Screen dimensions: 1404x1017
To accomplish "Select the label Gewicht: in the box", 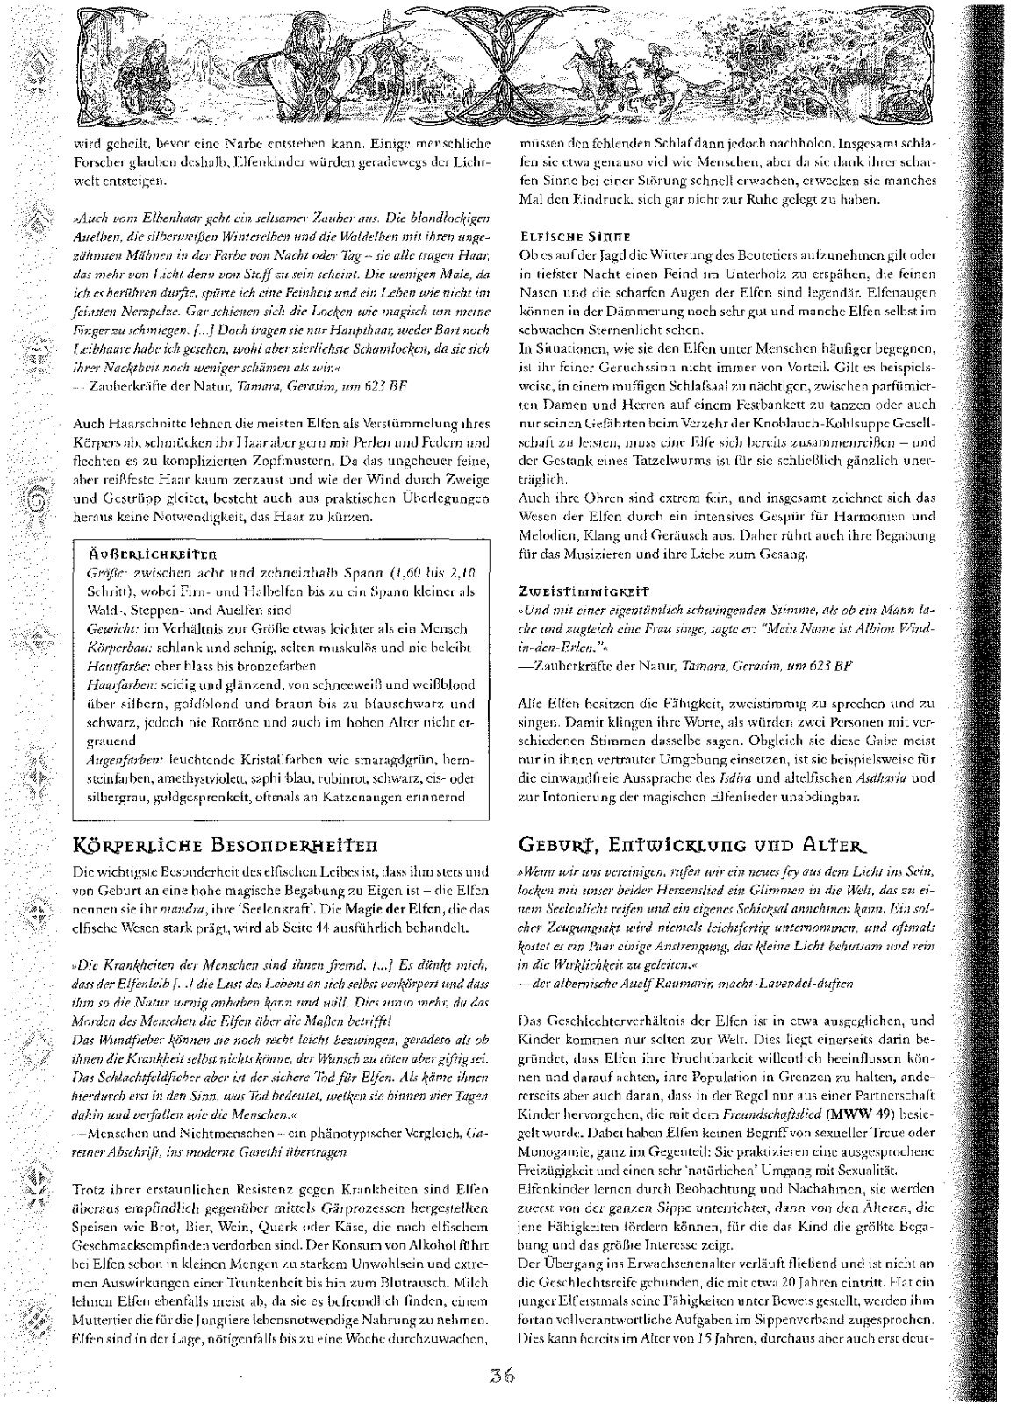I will point(111,628).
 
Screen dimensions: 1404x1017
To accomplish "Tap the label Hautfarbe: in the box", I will point(115,664).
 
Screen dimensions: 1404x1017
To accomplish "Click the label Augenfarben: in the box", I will point(122,757).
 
